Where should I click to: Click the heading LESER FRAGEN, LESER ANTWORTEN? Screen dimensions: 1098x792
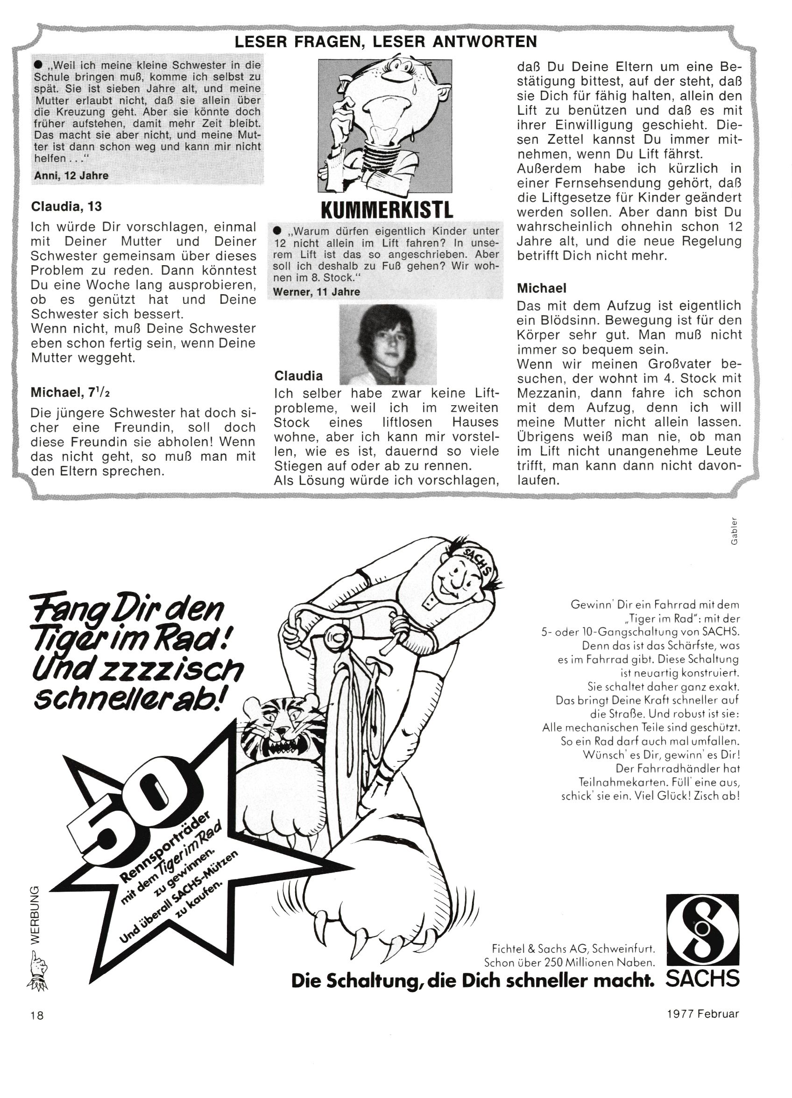click(386, 42)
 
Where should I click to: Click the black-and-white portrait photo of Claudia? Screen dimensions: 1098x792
click(388, 344)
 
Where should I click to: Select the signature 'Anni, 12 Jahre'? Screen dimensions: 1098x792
click(71, 176)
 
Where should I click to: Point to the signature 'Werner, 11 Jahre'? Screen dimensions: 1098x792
click(316, 291)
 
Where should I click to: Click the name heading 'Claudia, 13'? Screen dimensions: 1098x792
click(66, 207)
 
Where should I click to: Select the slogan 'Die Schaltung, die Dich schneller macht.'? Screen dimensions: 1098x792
click(472, 980)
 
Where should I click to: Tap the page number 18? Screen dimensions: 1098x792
click(37, 1015)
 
